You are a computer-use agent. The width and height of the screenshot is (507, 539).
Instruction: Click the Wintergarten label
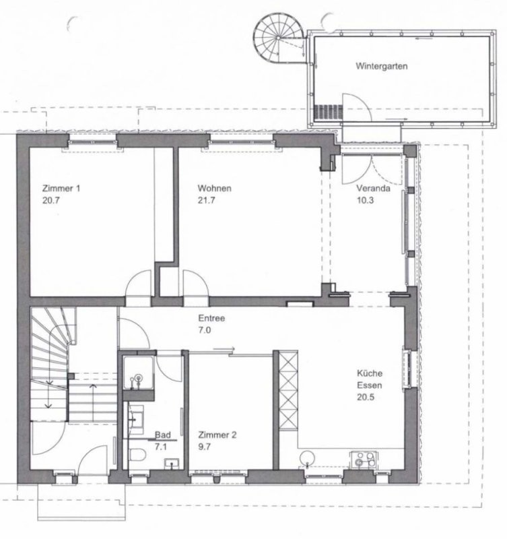(382, 66)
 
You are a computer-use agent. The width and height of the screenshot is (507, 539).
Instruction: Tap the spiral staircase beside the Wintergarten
(279, 38)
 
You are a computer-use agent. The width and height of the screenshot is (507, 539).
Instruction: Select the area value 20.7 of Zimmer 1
(51, 200)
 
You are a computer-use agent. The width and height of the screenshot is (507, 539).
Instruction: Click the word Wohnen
(214, 189)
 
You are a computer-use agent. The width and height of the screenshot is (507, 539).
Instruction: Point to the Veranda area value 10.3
(365, 200)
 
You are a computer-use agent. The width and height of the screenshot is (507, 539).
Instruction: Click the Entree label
(211, 318)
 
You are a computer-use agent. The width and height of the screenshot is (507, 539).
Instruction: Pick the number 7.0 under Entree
(205, 330)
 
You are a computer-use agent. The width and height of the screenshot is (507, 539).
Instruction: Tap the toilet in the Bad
(138, 454)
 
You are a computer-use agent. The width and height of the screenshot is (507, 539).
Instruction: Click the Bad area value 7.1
(161, 447)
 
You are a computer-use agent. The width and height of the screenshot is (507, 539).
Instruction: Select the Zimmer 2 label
(217, 435)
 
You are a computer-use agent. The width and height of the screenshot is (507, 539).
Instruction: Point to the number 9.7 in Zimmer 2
(205, 447)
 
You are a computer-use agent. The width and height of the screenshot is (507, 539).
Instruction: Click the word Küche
(370, 373)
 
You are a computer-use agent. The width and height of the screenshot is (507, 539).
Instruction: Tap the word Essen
(369, 385)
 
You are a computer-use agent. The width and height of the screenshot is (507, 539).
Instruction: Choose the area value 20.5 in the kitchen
(366, 398)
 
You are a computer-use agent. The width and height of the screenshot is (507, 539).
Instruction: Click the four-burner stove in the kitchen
(364, 459)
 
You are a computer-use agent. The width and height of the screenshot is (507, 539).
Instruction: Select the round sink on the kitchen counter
(307, 458)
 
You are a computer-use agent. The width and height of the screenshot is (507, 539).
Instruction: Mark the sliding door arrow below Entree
(224, 350)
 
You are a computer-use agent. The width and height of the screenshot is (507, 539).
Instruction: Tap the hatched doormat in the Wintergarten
(329, 112)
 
